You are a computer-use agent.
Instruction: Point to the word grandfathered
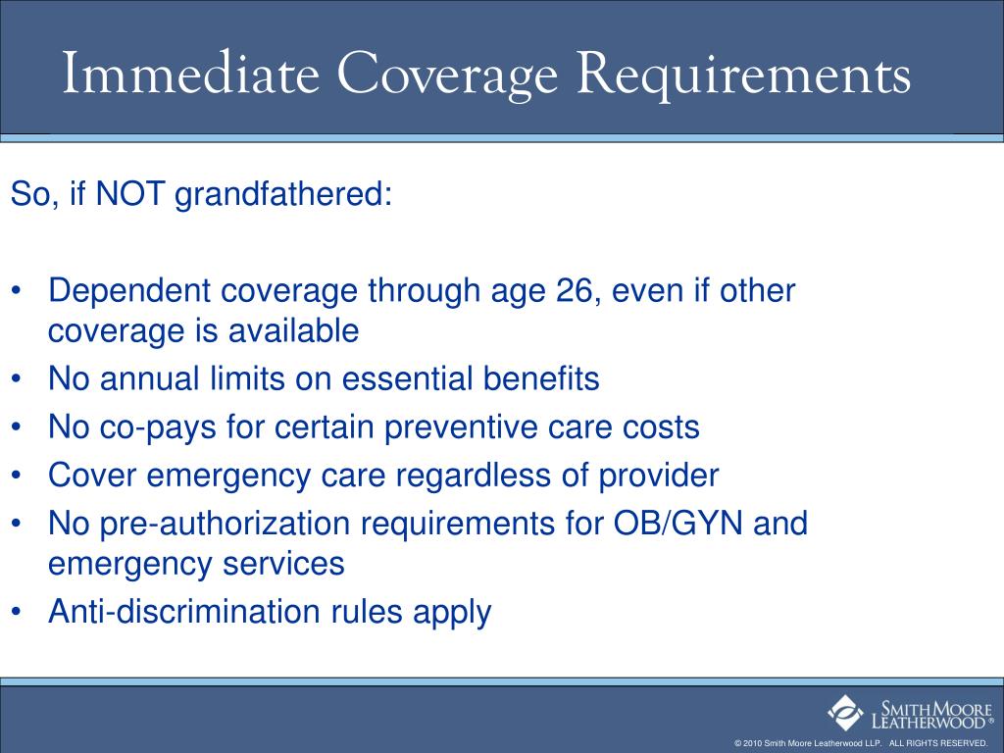coord(284,194)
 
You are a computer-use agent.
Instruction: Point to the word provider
coord(660,477)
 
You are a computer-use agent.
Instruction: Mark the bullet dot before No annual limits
coord(20,379)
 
